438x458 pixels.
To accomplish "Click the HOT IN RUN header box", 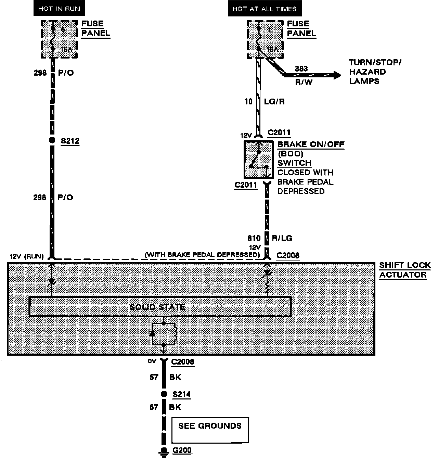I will tap(59, 9).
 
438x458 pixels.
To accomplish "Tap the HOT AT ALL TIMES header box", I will tap(265, 9).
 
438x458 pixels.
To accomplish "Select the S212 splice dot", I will tap(52, 140).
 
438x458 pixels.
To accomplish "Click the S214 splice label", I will tap(181, 394).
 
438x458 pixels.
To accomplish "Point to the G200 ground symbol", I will tap(164, 451).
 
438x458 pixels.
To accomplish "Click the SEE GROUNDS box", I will tap(210, 430).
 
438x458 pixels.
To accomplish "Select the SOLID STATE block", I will tap(160, 307).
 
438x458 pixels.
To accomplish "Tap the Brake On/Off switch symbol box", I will tap(258, 159).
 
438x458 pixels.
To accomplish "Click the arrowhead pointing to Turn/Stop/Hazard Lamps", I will tap(337, 75).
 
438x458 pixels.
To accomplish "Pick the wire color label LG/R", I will tap(274, 102).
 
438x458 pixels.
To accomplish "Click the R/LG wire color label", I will tap(282, 238).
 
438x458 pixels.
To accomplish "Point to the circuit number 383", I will tap(301, 68).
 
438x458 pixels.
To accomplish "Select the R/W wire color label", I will tap(303, 82).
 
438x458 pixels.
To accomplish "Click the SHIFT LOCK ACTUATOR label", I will tap(404, 270).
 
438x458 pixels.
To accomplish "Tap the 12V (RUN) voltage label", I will tap(26, 256).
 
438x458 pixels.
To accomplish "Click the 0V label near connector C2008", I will tap(152, 361).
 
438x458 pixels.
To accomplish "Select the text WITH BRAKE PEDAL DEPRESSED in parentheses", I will tap(202, 255).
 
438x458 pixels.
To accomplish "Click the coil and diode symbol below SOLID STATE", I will tap(164, 333).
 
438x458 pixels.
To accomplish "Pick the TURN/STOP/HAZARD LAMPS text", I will tap(374, 72).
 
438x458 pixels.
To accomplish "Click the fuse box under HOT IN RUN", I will tap(59, 39).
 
